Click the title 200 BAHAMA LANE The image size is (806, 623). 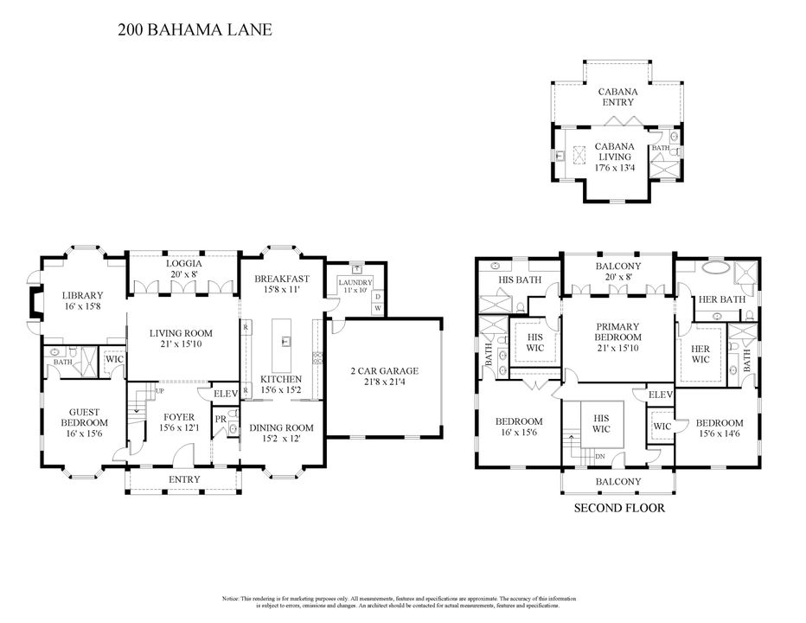point(195,30)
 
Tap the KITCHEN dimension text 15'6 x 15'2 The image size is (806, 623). point(281,391)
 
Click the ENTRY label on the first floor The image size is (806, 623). point(184,479)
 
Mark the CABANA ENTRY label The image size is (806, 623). point(613,96)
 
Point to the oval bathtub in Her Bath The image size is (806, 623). point(714,269)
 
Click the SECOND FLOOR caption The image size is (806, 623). point(619,508)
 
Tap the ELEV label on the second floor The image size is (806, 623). point(660,395)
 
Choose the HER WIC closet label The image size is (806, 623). point(700,355)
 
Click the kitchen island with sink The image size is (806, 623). point(282,344)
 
